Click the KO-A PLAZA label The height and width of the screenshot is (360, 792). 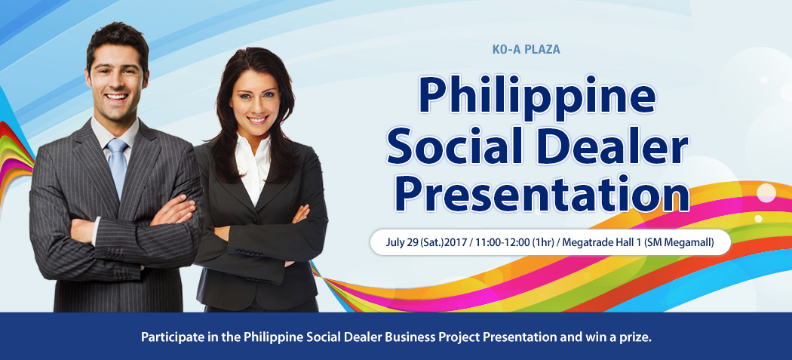tap(526, 50)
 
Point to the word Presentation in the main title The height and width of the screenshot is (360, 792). tap(541, 192)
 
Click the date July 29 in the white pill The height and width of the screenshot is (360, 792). tap(403, 243)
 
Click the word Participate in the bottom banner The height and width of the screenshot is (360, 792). tap(167, 337)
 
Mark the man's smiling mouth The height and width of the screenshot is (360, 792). tap(117, 96)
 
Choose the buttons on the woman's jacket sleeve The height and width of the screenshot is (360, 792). tap(248, 252)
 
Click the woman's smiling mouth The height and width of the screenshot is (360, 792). tap(257, 119)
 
